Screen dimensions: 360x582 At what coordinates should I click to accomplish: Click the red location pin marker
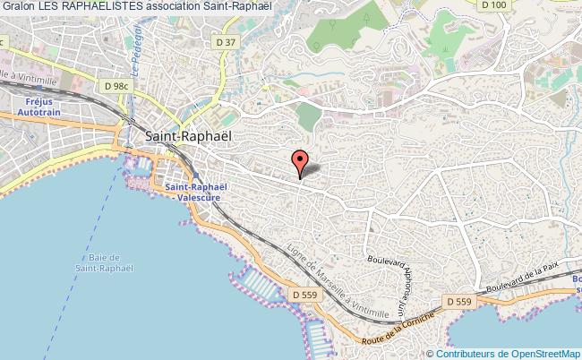[x=301, y=162]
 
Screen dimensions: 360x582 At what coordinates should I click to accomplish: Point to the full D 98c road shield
[x=115, y=86]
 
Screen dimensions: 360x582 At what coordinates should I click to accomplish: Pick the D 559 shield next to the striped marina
[x=304, y=293]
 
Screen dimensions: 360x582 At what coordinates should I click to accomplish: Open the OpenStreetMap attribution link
[x=543, y=354]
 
